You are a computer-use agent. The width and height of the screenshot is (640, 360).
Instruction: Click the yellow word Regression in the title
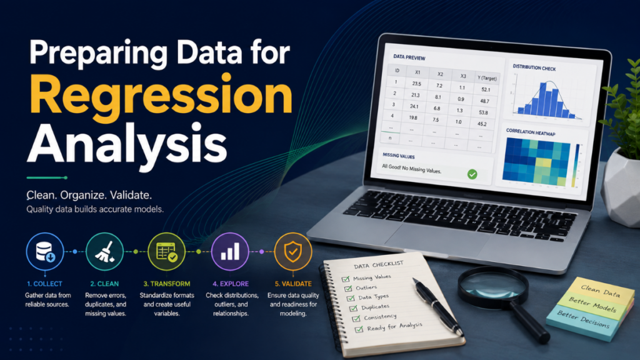click(x=161, y=97)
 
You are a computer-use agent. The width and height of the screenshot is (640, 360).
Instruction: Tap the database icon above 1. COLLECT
click(x=45, y=251)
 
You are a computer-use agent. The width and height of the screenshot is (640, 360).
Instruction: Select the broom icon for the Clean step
click(x=104, y=251)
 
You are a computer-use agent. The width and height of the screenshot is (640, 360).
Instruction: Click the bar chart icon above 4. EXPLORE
click(x=230, y=251)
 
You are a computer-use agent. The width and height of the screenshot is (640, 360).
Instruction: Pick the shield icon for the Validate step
click(x=293, y=251)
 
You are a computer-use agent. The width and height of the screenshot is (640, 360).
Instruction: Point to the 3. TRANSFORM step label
click(x=166, y=284)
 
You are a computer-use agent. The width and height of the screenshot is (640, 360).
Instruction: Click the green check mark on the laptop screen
click(x=472, y=174)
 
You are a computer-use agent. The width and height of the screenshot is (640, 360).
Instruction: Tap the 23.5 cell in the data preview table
click(x=416, y=84)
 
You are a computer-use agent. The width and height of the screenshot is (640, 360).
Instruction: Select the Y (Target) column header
click(x=487, y=78)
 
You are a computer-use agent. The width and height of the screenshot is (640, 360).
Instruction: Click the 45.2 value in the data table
click(x=482, y=124)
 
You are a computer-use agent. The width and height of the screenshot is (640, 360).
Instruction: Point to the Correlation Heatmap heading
click(x=531, y=132)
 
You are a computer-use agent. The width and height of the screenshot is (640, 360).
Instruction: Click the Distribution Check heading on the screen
click(x=534, y=67)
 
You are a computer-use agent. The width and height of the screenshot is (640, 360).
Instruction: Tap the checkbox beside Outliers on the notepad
click(x=348, y=289)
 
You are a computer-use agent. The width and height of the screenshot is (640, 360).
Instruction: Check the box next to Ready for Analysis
click(x=359, y=329)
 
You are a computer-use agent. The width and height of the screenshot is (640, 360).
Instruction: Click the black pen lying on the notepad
click(x=437, y=307)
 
